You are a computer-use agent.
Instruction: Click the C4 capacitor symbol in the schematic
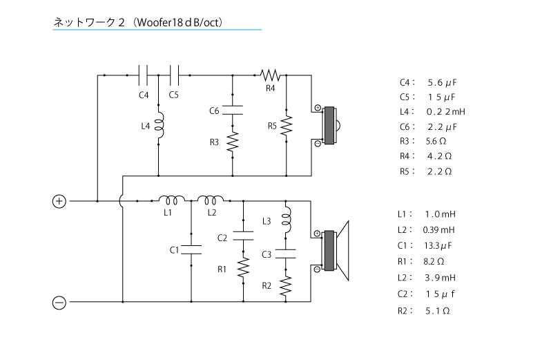pyautogui.click(x=143, y=75)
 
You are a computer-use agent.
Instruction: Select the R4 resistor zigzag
pyautogui.click(x=270, y=75)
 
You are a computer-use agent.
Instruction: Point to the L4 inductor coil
pyautogui.click(x=160, y=126)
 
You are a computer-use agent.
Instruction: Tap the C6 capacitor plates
pyautogui.click(x=233, y=110)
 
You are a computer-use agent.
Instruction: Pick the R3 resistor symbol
pyautogui.click(x=233, y=142)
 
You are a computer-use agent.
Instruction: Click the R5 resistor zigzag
pyautogui.click(x=287, y=126)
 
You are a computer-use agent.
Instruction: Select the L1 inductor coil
pyautogui.click(x=171, y=200)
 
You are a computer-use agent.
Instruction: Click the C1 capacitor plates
pyautogui.click(x=191, y=249)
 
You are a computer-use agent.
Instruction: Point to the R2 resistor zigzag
pyautogui.click(x=286, y=285)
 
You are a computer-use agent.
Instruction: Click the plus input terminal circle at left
pyautogui.click(x=59, y=201)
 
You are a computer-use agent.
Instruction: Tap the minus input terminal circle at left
pyautogui.click(x=59, y=303)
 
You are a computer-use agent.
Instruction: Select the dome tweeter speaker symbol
pyautogui.click(x=330, y=126)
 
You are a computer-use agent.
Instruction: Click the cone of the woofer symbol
pyautogui.click(x=342, y=251)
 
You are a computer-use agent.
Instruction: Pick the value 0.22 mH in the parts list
pyautogui.click(x=445, y=112)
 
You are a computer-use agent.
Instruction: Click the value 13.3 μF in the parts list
pyautogui.click(x=438, y=245)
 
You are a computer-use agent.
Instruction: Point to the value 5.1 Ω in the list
pyautogui.click(x=438, y=311)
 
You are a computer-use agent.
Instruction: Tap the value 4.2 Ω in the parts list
pyautogui.click(x=439, y=156)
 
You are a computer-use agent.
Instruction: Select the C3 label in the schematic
pyautogui.click(x=267, y=254)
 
